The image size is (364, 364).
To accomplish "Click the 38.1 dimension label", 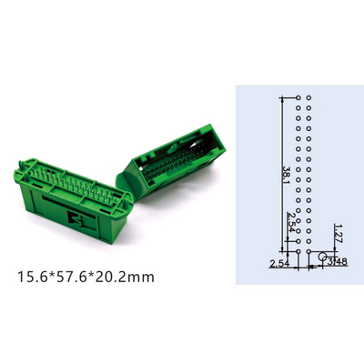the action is [x=287, y=175].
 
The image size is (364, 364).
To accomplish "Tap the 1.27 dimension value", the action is [x=338, y=234].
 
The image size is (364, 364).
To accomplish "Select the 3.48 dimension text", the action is [x=337, y=261].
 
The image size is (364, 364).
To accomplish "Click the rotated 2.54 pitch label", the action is [x=291, y=222].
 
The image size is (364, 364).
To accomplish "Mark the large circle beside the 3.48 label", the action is [x=322, y=257].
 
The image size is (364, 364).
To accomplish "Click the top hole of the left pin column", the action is [x=298, y=97].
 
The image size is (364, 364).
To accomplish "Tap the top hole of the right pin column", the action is [x=308, y=97].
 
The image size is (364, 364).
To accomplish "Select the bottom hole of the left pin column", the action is [x=298, y=251].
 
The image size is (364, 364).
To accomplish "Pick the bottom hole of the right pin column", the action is [x=308, y=251].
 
